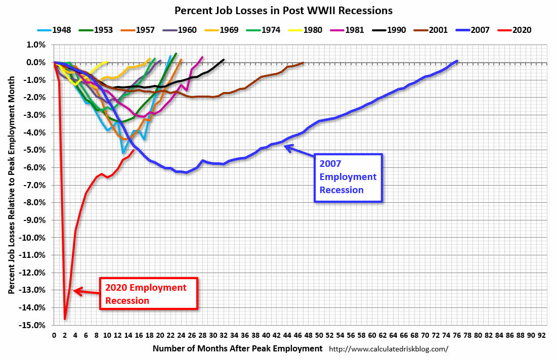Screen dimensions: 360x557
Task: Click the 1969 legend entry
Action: click(x=224, y=30)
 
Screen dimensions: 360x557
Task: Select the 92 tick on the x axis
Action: click(x=542, y=335)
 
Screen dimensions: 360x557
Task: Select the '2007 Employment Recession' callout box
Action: click(x=348, y=177)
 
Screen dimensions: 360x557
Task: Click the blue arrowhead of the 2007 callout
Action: click(x=287, y=147)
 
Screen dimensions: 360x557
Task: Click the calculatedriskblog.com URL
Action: click(x=389, y=349)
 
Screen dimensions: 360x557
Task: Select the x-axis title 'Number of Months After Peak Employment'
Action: click(x=237, y=348)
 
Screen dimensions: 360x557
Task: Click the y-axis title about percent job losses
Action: click(x=11, y=185)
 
